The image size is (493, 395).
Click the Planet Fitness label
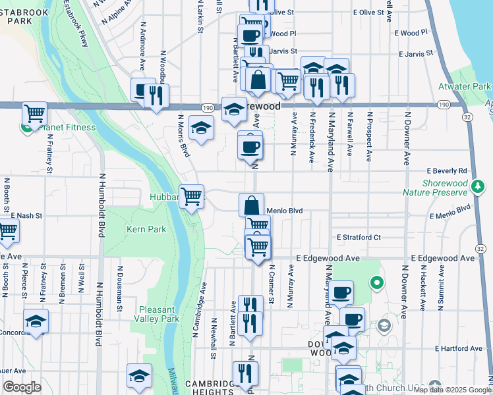67,127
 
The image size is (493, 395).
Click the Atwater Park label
465,86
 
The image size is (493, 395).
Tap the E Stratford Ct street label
359,237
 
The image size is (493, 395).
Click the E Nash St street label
26,215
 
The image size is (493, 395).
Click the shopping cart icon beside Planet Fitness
35,113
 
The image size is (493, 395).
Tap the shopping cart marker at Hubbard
191,196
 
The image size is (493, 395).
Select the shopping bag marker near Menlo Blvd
251,205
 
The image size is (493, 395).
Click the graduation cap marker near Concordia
36,321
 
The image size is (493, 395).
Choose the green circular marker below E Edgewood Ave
376,284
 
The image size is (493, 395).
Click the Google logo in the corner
22,387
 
